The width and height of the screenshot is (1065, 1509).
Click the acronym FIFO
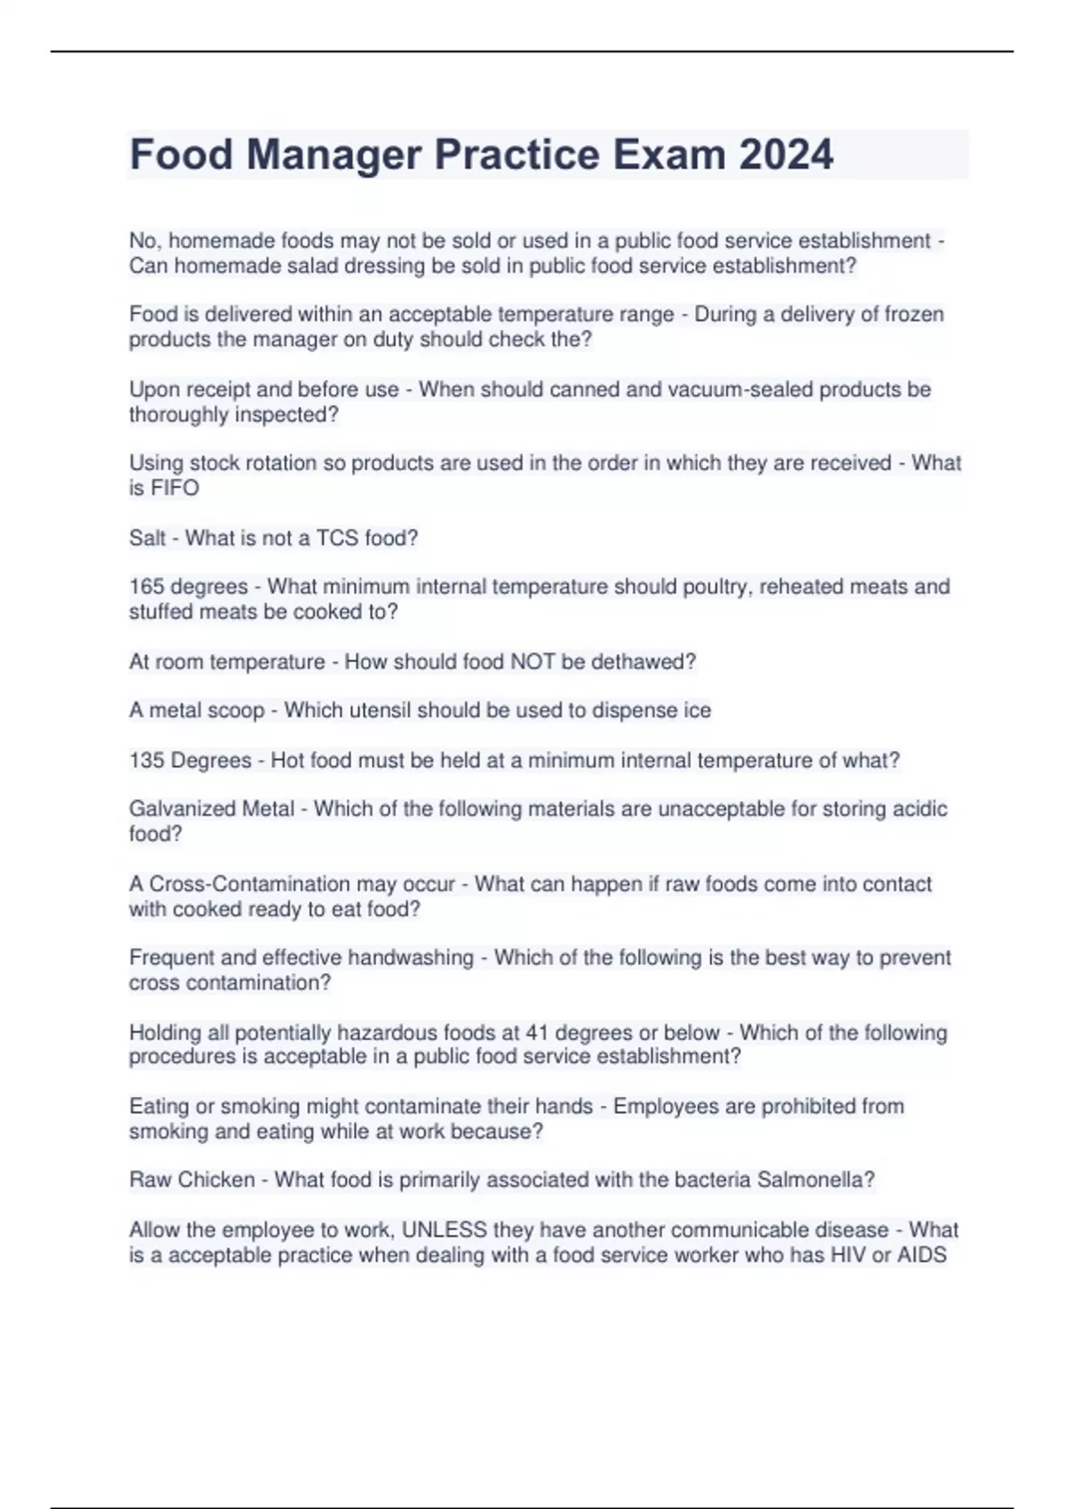[176, 488]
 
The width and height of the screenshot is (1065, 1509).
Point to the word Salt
[147, 538]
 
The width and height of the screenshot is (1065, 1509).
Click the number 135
[146, 761]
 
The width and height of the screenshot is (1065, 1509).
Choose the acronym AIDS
[922, 1255]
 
